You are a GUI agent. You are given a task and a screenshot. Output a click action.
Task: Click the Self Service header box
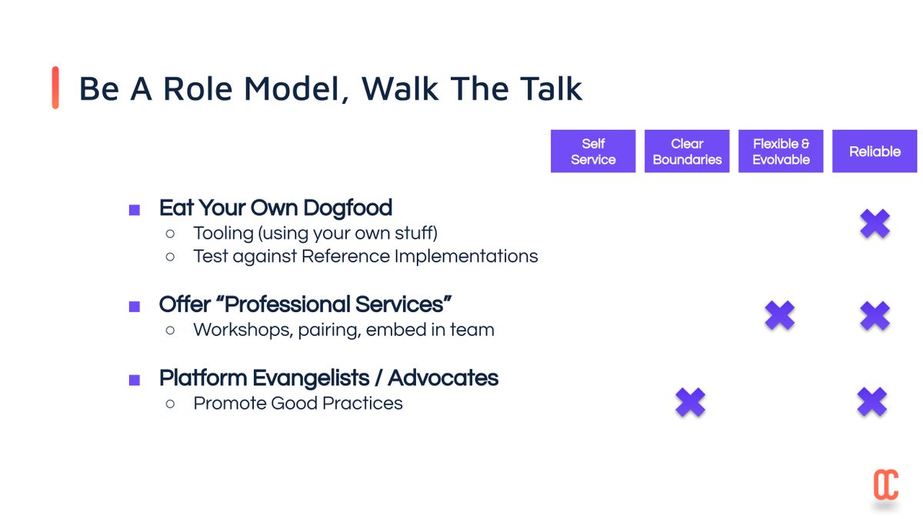pyautogui.click(x=593, y=151)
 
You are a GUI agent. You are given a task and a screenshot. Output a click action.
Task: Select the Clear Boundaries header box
pyautogui.click(x=687, y=151)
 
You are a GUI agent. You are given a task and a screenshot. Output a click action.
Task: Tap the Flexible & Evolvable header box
pyautogui.click(x=781, y=151)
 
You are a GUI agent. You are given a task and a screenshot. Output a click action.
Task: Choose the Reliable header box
pyautogui.click(x=875, y=151)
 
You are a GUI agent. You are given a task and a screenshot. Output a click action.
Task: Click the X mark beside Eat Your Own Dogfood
pyautogui.click(x=875, y=223)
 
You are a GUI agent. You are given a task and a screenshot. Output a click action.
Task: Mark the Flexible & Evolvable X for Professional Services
pyautogui.click(x=780, y=315)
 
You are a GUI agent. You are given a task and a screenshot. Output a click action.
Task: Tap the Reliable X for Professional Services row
pyautogui.click(x=875, y=315)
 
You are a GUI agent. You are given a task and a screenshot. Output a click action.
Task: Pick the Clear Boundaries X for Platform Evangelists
pyautogui.click(x=691, y=402)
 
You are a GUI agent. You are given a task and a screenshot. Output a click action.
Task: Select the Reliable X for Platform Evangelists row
pyautogui.click(x=872, y=401)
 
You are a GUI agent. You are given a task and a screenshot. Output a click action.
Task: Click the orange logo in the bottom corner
pyautogui.click(x=886, y=484)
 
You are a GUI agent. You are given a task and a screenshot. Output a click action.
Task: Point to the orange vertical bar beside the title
pyautogui.click(x=55, y=88)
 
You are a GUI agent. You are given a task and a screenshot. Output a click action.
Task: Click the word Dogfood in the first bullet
pyautogui.click(x=348, y=208)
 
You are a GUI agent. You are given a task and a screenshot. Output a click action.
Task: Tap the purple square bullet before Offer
pyautogui.click(x=135, y=307)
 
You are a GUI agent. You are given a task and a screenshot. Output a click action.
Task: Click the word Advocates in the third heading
pyautogui.click(x=443, y=378)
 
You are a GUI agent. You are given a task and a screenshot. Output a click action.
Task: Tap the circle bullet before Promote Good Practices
pyautogui.click(x=170, y=404)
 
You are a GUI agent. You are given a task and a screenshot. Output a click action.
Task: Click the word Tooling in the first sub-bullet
pyautogui.click(x=224, y=234)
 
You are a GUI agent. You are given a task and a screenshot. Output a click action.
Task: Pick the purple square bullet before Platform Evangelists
pyautogui.click(x=135, y=380)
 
